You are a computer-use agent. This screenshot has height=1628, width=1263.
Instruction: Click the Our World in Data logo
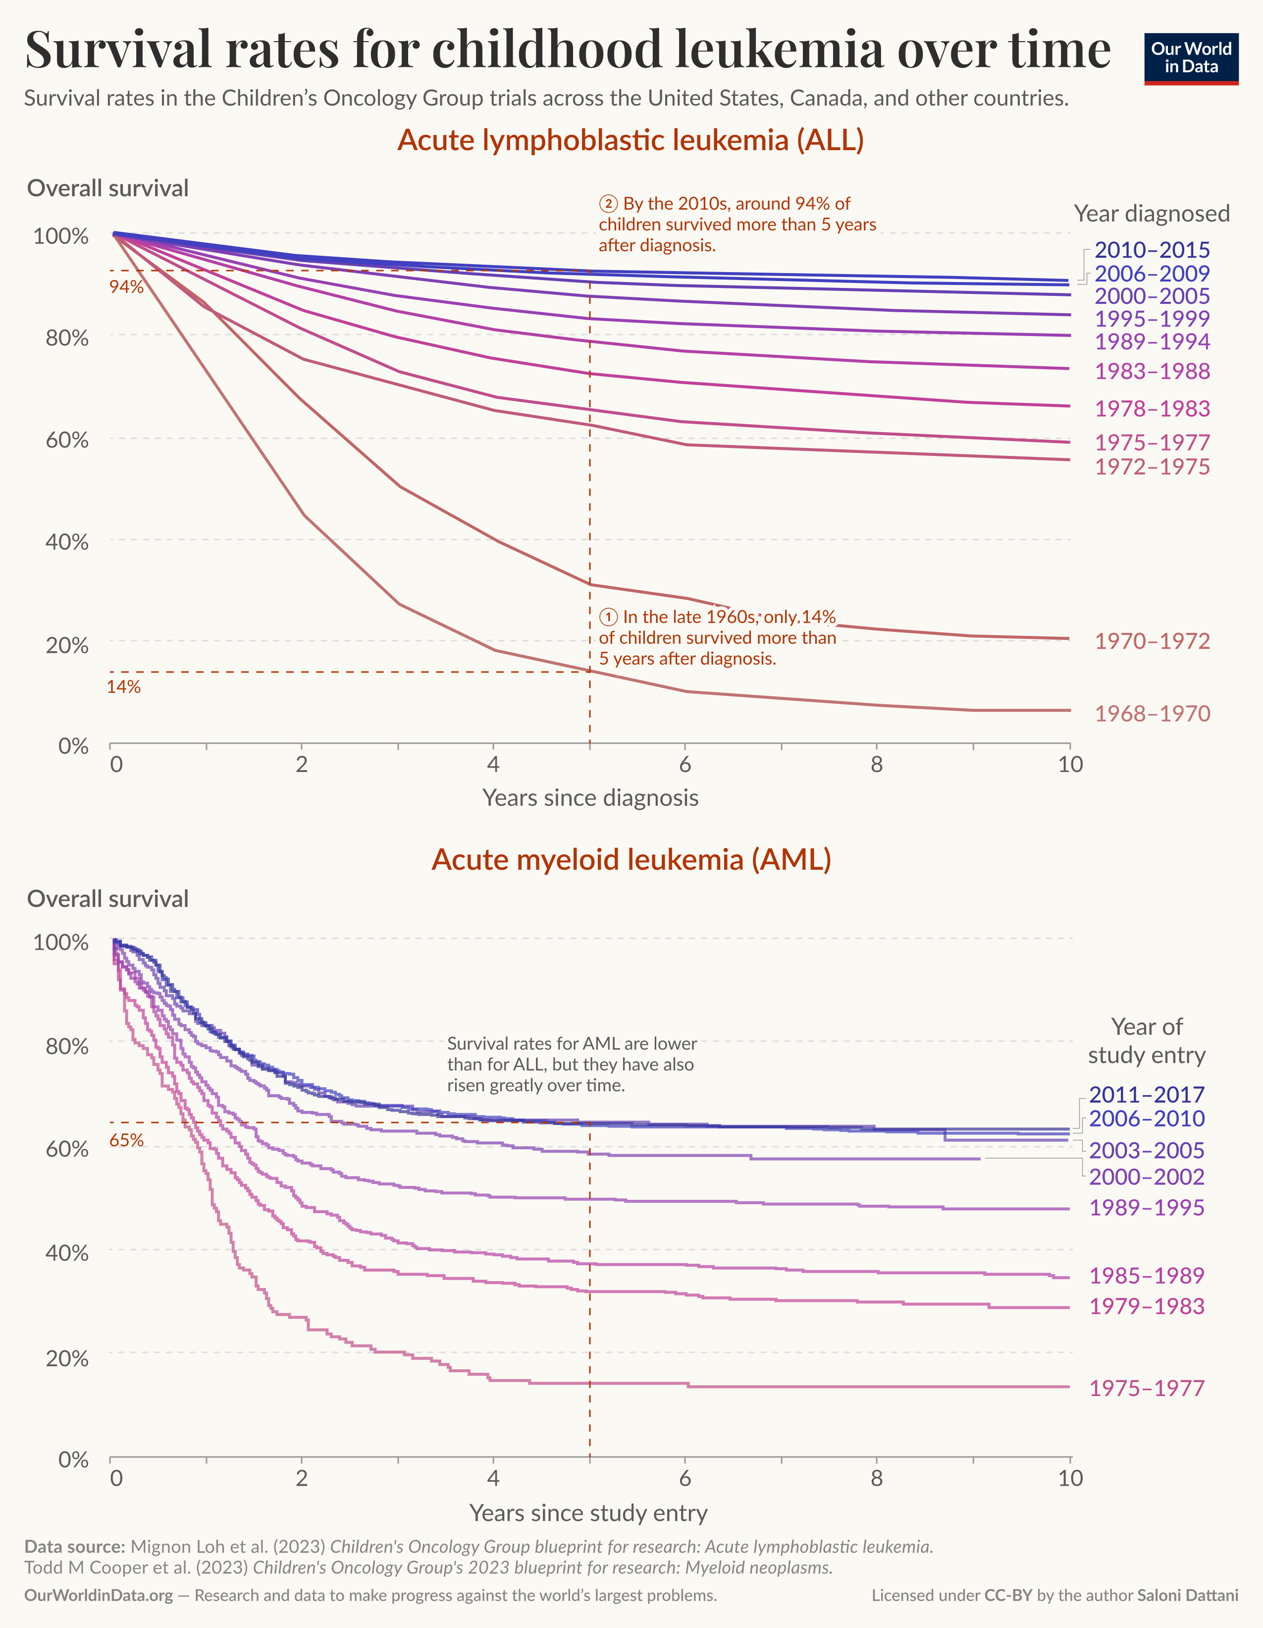point(1191,58)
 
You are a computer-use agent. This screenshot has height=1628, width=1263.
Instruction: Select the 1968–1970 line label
point(1152,713)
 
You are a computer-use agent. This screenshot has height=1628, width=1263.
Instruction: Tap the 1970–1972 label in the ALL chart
point(1152,641)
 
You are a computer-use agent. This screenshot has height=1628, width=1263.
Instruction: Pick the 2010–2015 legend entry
point(1152,250)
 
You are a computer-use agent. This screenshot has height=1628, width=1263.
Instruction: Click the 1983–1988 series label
point(1152,371)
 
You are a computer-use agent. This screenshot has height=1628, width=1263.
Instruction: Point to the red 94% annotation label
point(126,287)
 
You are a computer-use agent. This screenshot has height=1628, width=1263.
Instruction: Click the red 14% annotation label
point(124,686)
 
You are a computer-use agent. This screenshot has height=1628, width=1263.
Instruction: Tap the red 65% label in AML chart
point(126,1140)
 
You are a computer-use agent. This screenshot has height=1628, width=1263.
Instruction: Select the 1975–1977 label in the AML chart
point(1147,1388)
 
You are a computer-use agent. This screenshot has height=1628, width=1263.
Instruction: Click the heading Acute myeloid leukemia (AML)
point(631,859)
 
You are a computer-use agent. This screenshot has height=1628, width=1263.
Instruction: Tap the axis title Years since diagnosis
point(590,797)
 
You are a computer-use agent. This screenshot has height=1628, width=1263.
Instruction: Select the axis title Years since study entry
point(588,1513)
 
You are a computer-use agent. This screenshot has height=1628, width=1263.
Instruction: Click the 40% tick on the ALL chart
point(67,542)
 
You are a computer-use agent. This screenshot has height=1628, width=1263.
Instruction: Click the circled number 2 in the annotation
point(609,204)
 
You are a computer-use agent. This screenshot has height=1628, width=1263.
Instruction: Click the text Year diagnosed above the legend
point(1151,214)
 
